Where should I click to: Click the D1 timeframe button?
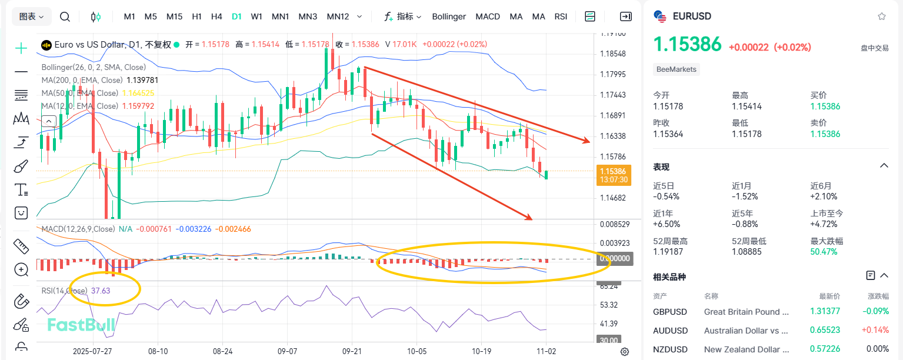coord(236,16)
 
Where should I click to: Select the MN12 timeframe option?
coord(338,16)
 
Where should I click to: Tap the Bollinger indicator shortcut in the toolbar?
coord(449,16)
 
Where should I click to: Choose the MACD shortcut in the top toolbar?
coord(488,16)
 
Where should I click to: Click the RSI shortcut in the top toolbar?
coord(561,16)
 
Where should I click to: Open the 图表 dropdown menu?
coord(32,16)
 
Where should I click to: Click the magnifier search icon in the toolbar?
coord(65,16)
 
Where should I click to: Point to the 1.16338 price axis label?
coord(614,136)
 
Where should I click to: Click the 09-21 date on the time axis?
coord(352,351)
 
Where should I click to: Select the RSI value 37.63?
coord(101,291)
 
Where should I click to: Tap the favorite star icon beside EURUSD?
coord(881,16)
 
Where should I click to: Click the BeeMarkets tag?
coord(677,69)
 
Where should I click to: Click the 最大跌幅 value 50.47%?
coord(825,251)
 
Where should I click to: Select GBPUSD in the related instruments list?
coord(670,312)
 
